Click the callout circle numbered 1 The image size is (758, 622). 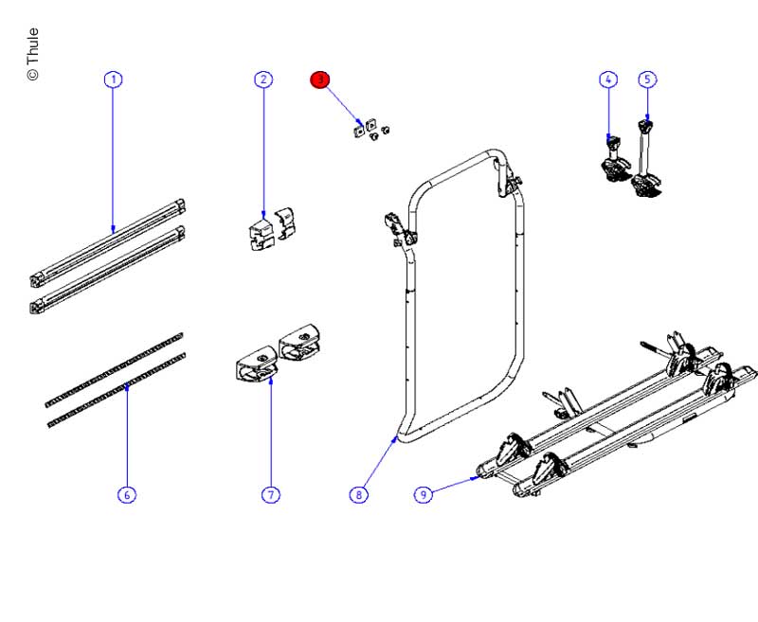[114, 80]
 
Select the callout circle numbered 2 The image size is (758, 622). [263, 80]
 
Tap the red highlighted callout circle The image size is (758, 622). [320, 80]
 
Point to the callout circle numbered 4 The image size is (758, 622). [607, 80]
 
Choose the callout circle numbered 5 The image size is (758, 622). [647, 80]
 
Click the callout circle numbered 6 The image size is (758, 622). [126, 494]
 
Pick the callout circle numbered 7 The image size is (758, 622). [271, 494]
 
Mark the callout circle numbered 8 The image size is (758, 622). [358, 494]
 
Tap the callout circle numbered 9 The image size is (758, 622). [424, 494]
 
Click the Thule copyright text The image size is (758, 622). [32, 55]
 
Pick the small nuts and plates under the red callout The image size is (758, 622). [370, 130]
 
